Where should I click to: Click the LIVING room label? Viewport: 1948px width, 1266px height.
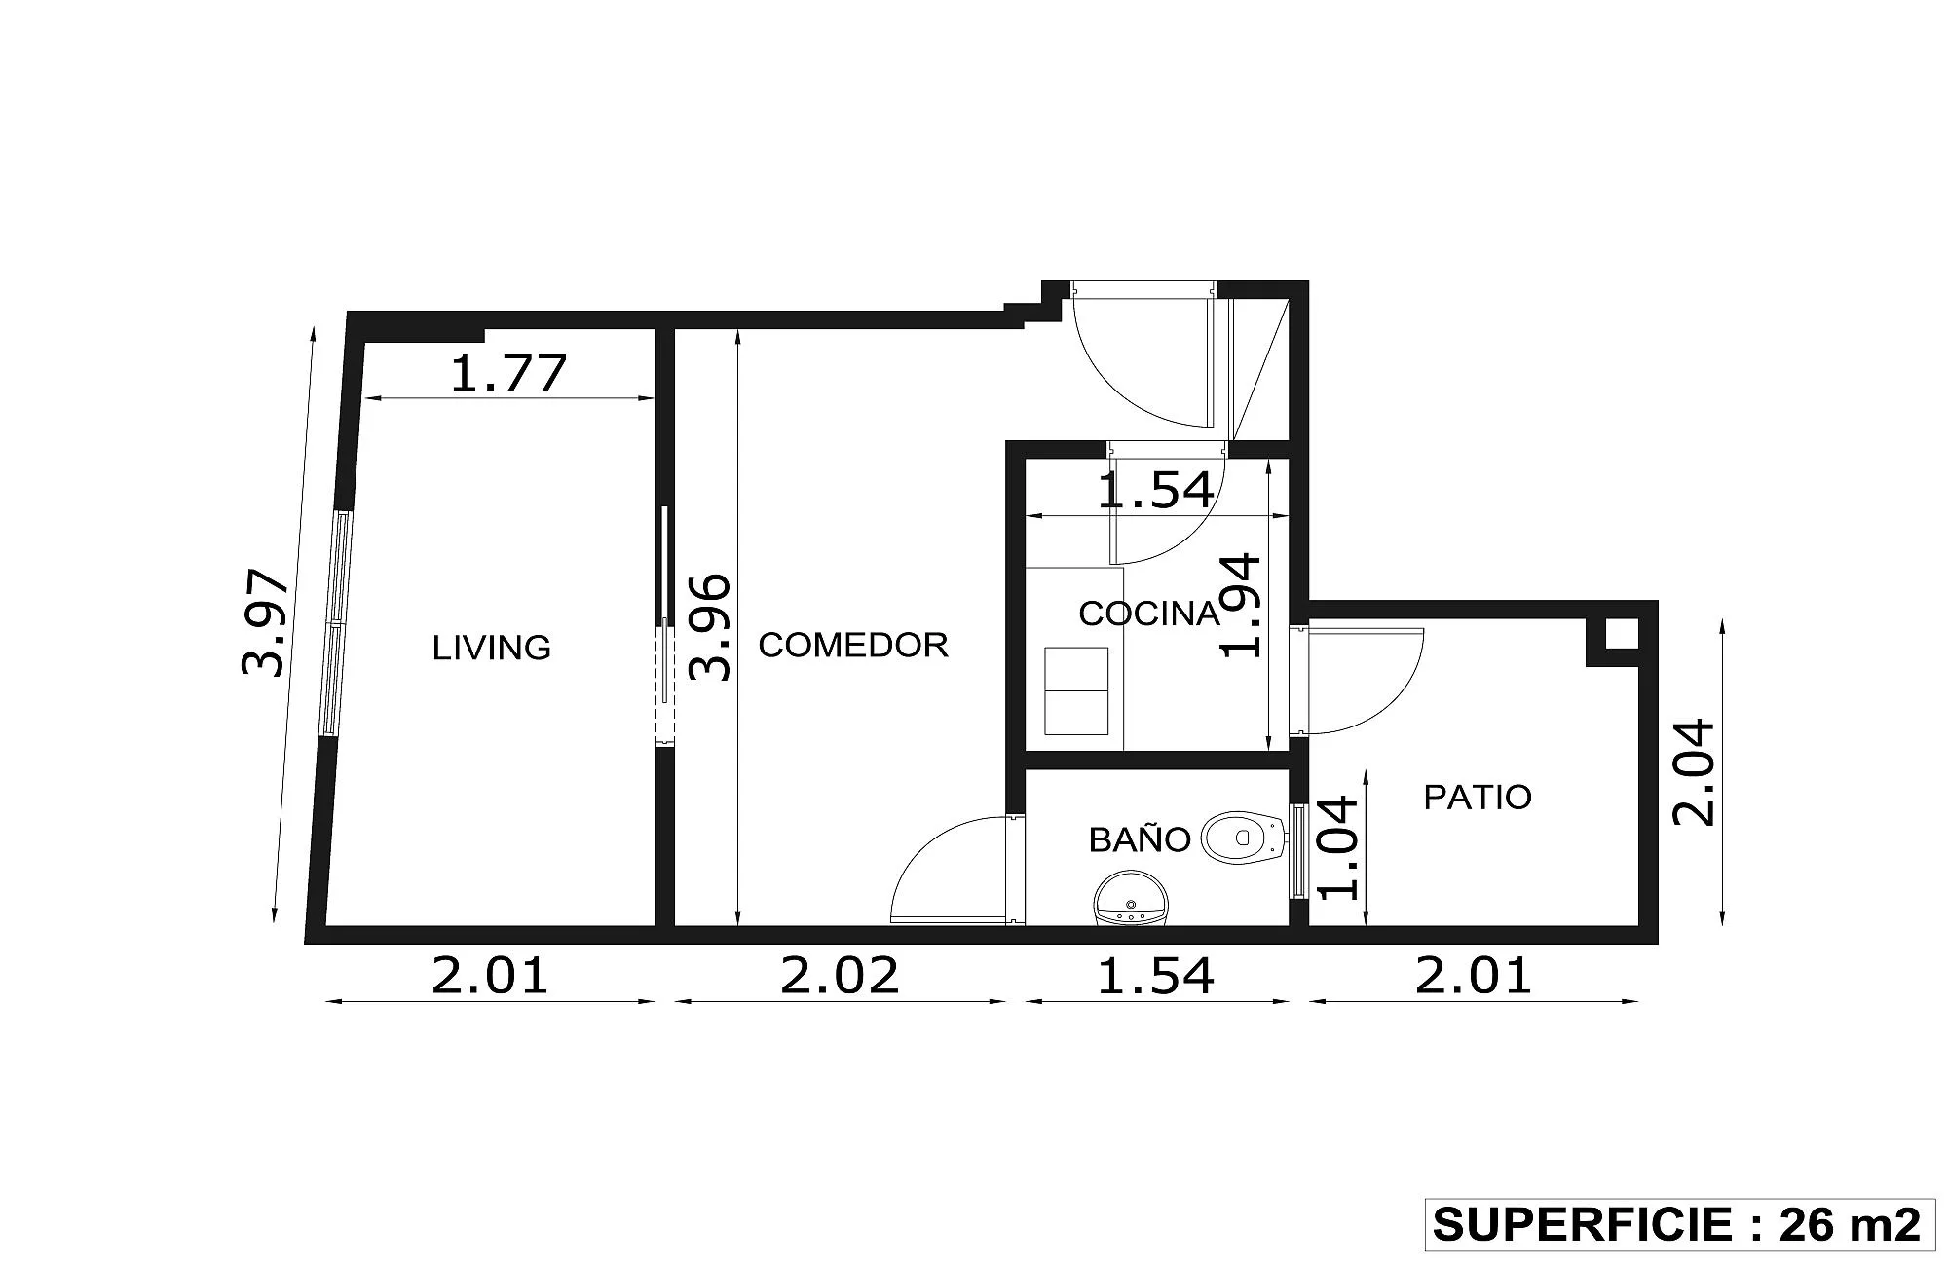click(x=492, y=648)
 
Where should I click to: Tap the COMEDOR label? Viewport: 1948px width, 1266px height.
click(x=853, y=645)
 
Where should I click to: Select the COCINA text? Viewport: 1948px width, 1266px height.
click(x=1149, y=614)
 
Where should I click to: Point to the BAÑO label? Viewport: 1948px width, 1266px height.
click(x=1140, y=838)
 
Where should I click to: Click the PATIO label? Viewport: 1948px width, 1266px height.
click(x=1478, y=798)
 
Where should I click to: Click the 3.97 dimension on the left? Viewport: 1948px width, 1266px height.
click(x=265, y=623)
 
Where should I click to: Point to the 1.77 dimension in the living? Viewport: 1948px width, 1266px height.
click(x=508, y=373)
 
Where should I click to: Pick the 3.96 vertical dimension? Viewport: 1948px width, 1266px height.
click(x=709, y=627)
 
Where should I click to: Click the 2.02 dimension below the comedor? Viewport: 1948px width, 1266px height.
click(x=840, y=976)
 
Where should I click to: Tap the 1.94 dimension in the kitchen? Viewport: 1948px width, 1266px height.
click(x=1241, y=606)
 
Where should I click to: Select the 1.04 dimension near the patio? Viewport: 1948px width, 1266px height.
click(x=1336, y=847)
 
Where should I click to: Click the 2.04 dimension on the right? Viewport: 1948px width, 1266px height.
click(x=1693, y=772)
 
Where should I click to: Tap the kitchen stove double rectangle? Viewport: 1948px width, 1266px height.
click(x=1076, y=690)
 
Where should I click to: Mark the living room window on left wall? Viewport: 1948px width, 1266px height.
click(x=337, y=622)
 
